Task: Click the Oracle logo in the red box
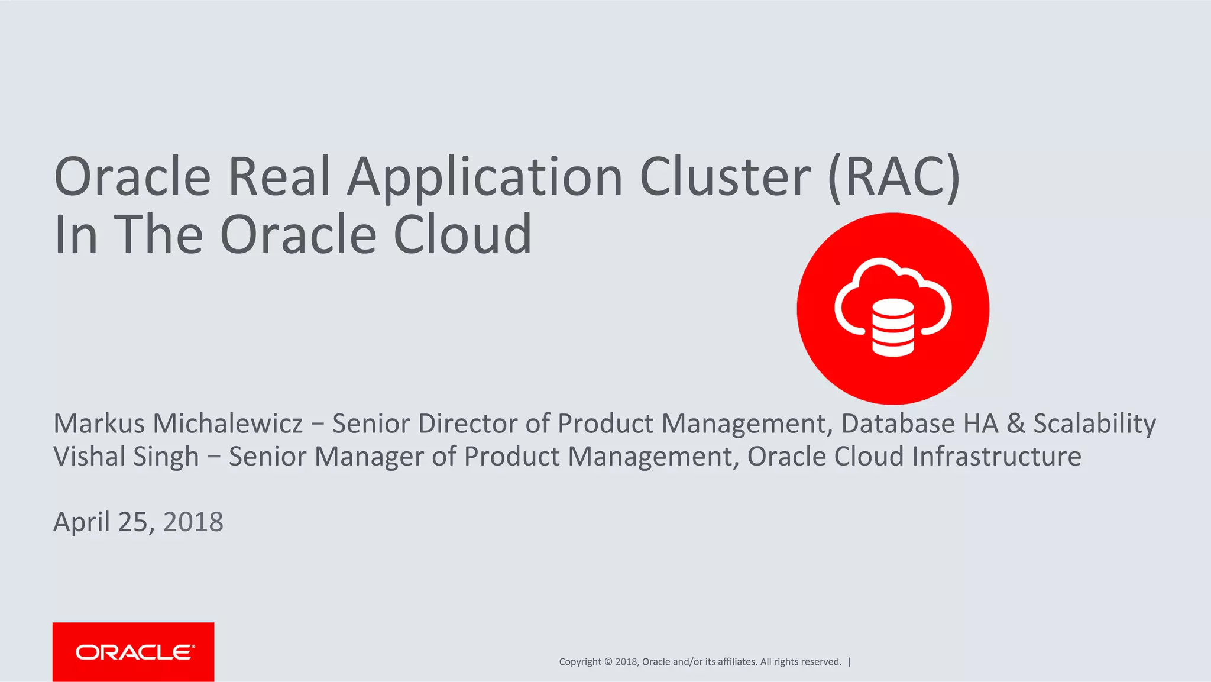click(x=134, y=652)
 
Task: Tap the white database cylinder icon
click(x=893, y=328)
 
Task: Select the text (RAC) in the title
click(x=894, y=177)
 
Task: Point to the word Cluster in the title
click(x=725, y=177)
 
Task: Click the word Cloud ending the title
click(x=462, y=235)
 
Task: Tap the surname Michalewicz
click(x=228, y=424)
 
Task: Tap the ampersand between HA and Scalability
click(x=1016, y=424)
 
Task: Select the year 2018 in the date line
click(x=193, y=522)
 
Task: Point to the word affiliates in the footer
click(x=737, y=662)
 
